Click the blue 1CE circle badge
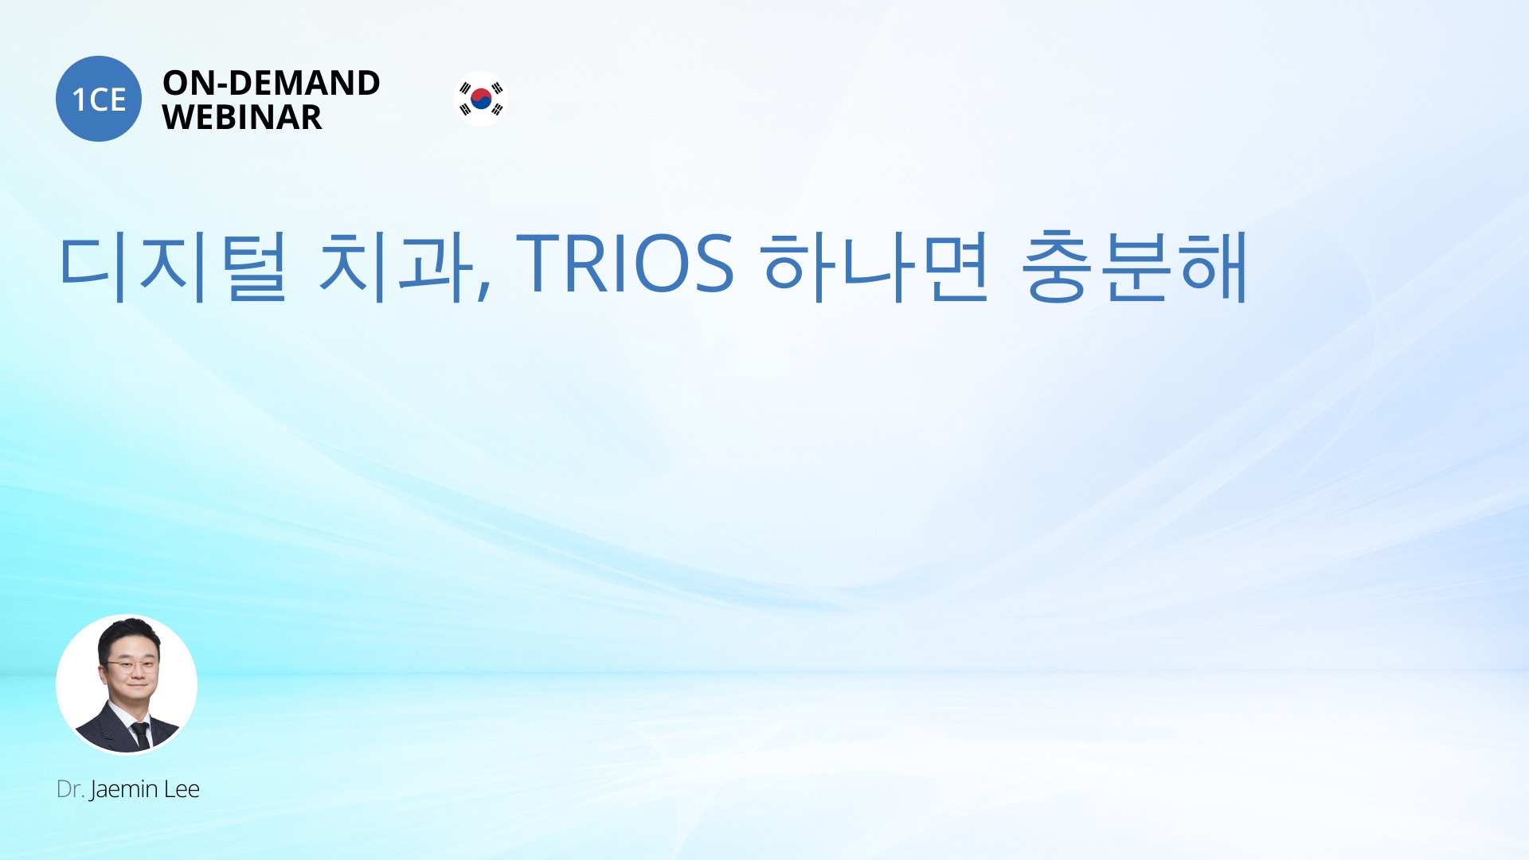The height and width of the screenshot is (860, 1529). (99, 99)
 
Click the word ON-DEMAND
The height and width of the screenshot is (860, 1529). (272, 83)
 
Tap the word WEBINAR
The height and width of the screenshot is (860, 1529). (242, 117)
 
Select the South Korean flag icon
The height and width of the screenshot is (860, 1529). (481, 99)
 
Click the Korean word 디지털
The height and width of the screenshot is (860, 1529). (173, 266)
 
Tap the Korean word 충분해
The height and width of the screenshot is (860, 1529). (1134, 266)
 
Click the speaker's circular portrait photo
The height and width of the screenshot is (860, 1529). (127, 684)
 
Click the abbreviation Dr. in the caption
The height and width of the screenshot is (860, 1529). (70, 789)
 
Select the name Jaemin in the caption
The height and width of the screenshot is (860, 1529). (123, 790)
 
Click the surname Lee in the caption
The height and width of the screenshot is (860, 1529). (182, 789)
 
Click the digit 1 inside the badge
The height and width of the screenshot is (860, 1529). (79, 100)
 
